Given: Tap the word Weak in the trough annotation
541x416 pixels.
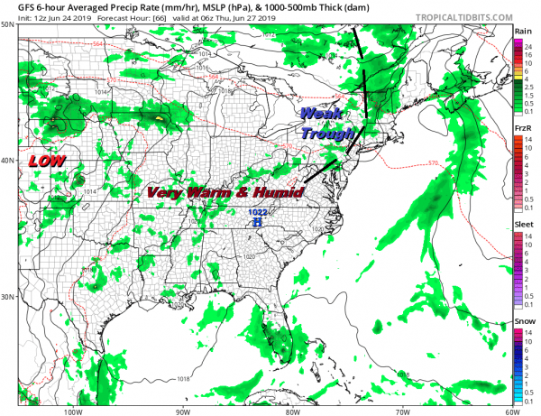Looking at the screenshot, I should click(317, 115).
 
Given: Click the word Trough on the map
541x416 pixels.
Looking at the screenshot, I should click(322, 134).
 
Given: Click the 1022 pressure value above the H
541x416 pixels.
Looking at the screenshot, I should click(259, 212).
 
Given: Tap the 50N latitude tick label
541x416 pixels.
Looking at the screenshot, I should click(8, 24).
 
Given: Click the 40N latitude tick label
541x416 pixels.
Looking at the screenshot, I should click(8, 161).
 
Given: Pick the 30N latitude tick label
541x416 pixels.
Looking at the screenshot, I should click(8, 297).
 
